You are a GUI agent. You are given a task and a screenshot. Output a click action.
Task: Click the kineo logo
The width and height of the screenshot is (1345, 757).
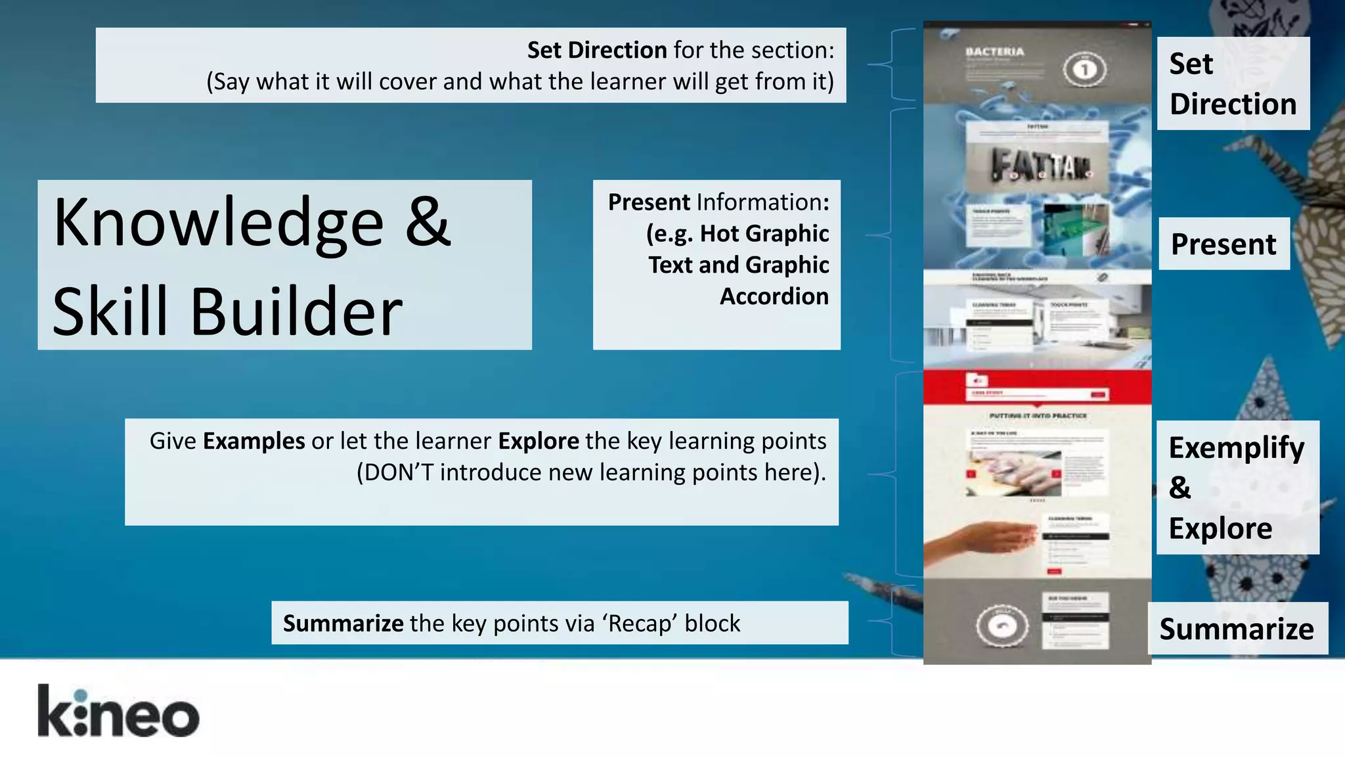pyautogui.click(x=118, y=711)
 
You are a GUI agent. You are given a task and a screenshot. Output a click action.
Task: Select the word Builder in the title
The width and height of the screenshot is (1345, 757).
pyautogui.click(x=296, y=311)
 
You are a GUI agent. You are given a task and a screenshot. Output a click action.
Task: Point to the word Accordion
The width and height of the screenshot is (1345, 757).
pyautogui.click(x=774, y=296)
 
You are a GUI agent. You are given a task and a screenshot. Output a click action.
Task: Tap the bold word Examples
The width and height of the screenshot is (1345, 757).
pyautogui.click(x=254, y=441)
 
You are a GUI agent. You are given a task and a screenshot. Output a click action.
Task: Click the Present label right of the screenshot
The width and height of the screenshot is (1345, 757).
pyautogui.click(x=1224, y=244)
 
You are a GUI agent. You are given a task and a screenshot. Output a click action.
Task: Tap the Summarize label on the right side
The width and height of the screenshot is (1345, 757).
pyautogui.click(x=1237, y=629)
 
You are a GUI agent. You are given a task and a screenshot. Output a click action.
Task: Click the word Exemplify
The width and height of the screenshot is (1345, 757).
pyautogui.click(x=1237, y=448)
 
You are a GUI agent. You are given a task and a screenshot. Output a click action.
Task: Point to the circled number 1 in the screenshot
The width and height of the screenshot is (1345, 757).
pyautogui.click(x=1084, y=69)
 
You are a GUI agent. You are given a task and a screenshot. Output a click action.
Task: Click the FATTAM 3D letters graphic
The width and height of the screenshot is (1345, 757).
pyautogui.click(x=1038, y=164)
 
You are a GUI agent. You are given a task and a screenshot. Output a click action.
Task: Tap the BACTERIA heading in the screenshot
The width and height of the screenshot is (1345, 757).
pyautogui.click(x=994, y=51)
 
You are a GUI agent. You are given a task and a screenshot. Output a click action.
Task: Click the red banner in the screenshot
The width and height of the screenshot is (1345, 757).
pyautogui.click(x=1037, y=387)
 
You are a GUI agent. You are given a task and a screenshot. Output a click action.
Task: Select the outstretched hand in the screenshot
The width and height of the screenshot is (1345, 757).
pyautogui.click(x=979, y=538)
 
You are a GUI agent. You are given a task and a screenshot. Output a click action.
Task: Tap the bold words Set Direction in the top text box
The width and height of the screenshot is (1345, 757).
pyautogui.click(x=597, y=50)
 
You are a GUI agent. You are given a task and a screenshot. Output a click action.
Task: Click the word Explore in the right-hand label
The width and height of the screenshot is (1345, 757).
pyautogui.click(x=1220, y=528)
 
